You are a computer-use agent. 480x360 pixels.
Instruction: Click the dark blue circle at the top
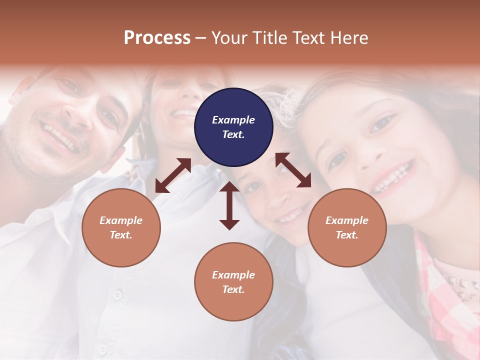pyautogui.click(x=233, y=127)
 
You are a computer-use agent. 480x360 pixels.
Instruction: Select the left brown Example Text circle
pyautogui.click(x=121, y=227)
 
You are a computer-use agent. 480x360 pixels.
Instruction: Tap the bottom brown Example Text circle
pyautogui.click(x=233, y=282)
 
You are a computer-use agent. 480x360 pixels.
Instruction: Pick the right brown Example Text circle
pyautogui.click(x=347, y=227)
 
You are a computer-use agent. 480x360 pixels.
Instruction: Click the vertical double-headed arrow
pyautogui.click(x=229, y=205)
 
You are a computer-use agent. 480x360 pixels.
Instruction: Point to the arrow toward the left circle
pyautogui.click(x=173, y=175)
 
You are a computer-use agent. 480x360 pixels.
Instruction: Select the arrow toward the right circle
pyautogui.click(x=293, y=170)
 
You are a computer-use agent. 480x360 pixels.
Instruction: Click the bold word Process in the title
pyautogui.click(x=157, y=37)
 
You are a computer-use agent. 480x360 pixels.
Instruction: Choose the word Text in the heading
pyautogui.click(x=309, y=37)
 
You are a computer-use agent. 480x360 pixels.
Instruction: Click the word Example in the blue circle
pyautogui.click(x=233, y=120)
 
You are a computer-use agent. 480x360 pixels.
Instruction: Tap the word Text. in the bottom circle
pyautogui.click(x=233, y=289)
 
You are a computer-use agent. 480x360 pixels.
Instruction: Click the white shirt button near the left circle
pyautogui.click(x=117, y=295)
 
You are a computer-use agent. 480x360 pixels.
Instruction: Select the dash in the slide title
pyautogui.click(x=201, y=37)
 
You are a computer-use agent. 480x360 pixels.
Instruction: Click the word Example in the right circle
pyautogui.click(x=347, y=220)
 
